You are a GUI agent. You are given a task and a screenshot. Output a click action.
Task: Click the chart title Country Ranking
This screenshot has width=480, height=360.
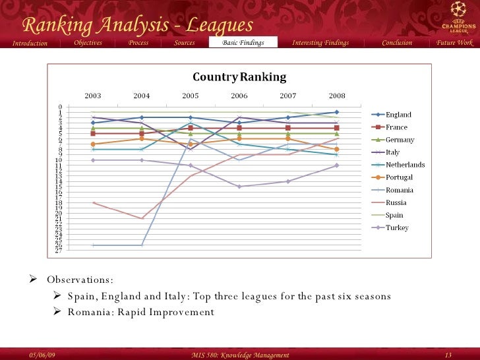(239, 76)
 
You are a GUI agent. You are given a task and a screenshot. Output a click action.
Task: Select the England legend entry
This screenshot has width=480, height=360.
(398, 115)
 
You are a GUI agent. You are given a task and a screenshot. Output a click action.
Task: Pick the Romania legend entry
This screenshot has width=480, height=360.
(400, 190)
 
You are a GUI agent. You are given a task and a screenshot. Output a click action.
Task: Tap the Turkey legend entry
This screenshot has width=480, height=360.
(397, 227)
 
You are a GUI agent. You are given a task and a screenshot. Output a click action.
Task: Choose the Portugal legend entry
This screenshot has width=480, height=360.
(399, 177)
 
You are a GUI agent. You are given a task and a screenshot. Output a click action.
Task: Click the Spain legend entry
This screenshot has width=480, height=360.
(394, 215)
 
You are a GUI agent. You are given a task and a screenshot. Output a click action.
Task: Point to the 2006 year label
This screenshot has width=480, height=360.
(239, 96)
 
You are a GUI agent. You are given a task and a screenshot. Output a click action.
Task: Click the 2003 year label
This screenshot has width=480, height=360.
(93, 96)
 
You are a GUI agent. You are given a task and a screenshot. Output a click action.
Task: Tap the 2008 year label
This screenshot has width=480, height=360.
(336, 96)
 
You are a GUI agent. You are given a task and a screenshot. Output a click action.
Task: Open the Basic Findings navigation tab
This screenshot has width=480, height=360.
(243, 43)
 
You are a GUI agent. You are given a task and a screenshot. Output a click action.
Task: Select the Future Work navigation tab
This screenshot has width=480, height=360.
(454, 43)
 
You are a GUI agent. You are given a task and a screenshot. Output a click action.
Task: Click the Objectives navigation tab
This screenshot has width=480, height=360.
(88, 43)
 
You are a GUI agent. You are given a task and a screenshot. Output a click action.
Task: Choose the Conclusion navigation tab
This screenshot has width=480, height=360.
(397, 43)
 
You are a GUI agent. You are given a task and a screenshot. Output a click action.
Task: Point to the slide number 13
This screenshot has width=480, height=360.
(449, 355)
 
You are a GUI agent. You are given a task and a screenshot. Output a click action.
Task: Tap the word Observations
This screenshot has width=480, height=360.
(80, 280)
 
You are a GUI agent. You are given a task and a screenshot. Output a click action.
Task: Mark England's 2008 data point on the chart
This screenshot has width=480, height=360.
(336, 112)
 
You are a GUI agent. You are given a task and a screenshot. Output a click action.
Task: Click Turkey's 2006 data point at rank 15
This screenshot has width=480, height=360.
(239, 187)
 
